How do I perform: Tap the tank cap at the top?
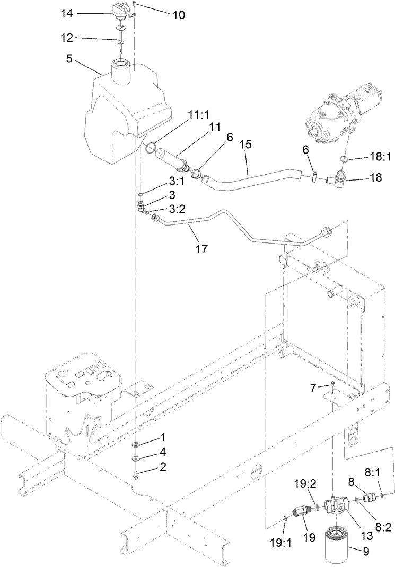(x=121, y=11)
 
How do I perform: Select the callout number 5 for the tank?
(x=70, y=59)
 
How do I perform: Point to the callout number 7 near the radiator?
(x=313, y=388)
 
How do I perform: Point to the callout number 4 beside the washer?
(x=163, y=452)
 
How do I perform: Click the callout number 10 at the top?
(x=178, y=15)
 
